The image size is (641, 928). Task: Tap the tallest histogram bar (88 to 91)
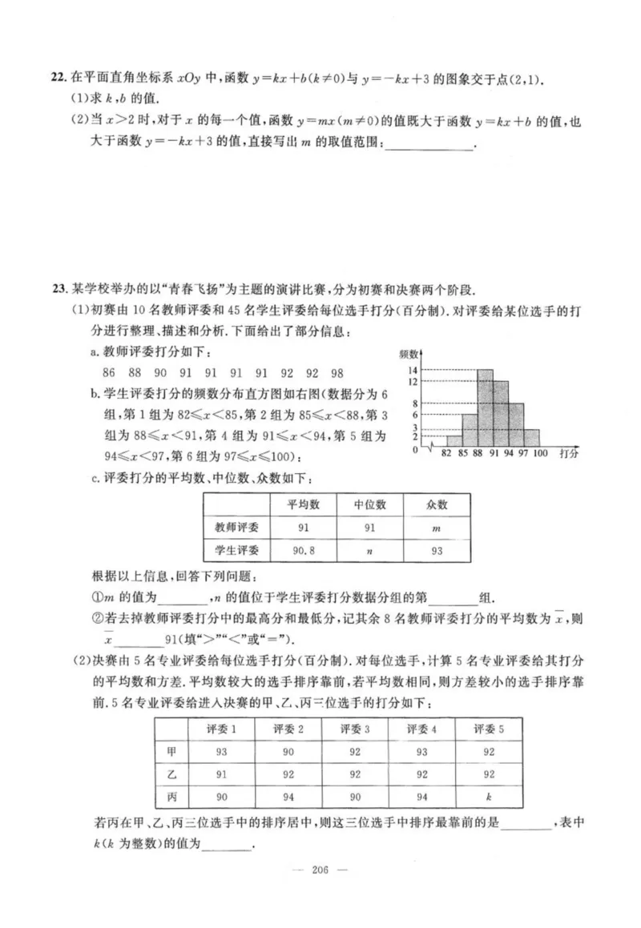click(485, 408)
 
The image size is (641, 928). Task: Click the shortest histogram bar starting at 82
click(454, 440)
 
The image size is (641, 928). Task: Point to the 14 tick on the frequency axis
click(413, 370)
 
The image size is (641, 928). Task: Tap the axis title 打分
click(569, 453)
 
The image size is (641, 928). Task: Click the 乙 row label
click(171, 774)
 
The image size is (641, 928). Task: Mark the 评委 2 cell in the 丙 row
click(288, 797)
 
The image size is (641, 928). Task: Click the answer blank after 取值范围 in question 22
click(429, 144)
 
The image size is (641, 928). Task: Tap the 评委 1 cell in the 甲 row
click(221, 752)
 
